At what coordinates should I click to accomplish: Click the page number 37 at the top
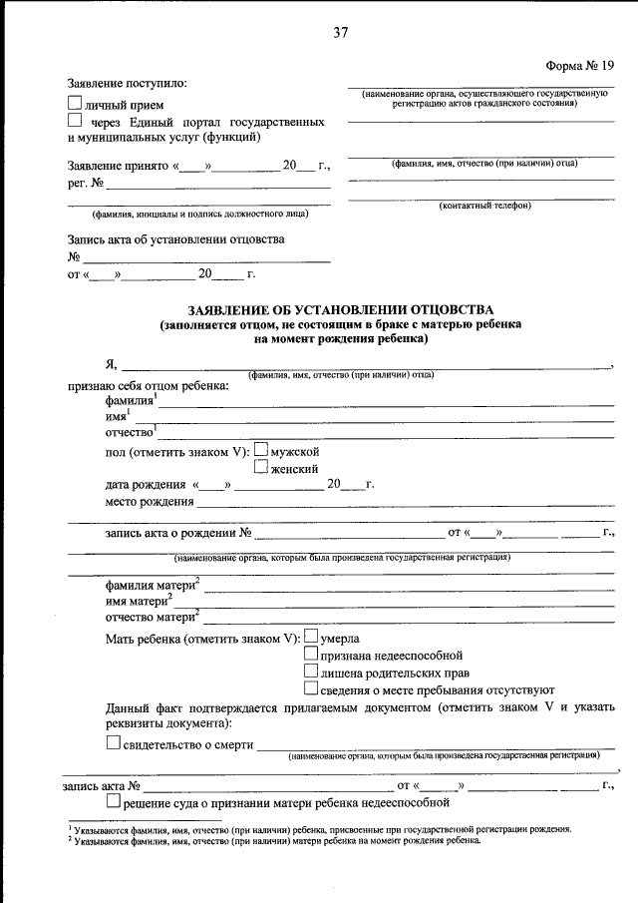point(341,33)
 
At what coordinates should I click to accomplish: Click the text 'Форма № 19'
point(580,65)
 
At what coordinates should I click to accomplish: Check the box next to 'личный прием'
point(75,103)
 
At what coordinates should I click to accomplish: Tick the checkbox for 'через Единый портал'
point(75,120)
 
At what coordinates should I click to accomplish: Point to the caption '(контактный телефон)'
point(485,206)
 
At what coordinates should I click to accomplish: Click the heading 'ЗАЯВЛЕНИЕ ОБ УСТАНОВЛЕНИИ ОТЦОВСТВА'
point(340,310)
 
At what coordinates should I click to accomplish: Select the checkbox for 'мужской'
point(261,450)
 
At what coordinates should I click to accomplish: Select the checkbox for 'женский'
point(261,466)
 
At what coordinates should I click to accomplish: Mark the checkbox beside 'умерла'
point(311,637)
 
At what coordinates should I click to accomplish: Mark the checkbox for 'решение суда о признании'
point(113,800)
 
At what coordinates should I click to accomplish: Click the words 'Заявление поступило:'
point(127,84)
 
